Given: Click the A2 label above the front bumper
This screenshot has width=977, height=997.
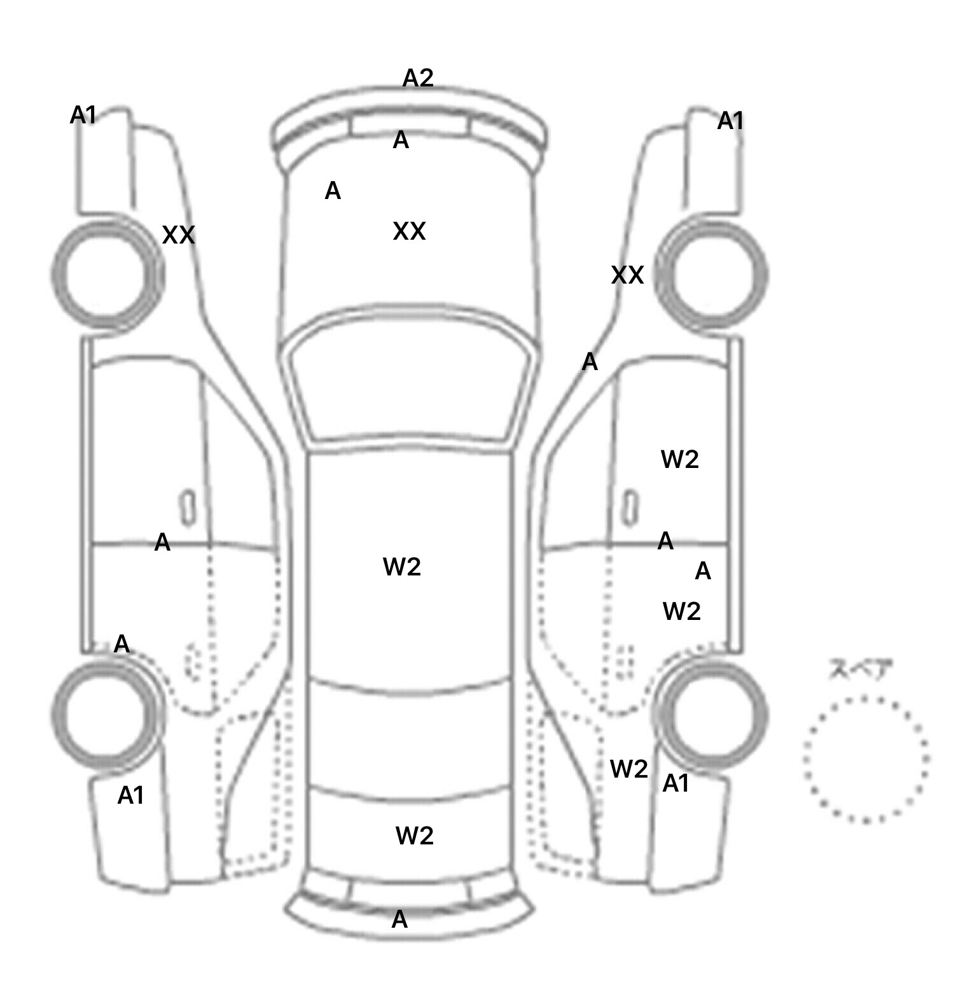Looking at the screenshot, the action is (418, 78).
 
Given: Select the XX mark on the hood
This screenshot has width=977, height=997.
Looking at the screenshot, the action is (409, 231).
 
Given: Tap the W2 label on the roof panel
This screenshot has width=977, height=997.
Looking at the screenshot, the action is (402, 567).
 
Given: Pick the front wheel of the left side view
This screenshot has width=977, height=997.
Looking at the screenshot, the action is (107, 275).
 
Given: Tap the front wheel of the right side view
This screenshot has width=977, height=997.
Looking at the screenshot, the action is (711, 275).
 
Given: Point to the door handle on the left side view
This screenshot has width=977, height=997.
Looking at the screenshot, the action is (188, 508).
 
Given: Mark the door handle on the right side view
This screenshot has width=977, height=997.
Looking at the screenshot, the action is (631, 508).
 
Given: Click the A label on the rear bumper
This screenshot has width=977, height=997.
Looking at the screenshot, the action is (399, 919).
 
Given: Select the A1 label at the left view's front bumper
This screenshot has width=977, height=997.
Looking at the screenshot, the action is (83, 115).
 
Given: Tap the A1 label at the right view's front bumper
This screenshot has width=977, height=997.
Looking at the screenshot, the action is (730, 120).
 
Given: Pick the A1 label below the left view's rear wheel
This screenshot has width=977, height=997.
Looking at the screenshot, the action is (131, 795).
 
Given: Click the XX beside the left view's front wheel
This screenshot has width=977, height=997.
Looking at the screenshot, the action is (178, 235).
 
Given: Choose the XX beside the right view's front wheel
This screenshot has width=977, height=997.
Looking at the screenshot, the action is (627, 275).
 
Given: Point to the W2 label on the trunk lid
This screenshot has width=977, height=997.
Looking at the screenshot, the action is (415, 835).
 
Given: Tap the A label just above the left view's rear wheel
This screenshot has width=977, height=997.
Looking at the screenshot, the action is (121, 644).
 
